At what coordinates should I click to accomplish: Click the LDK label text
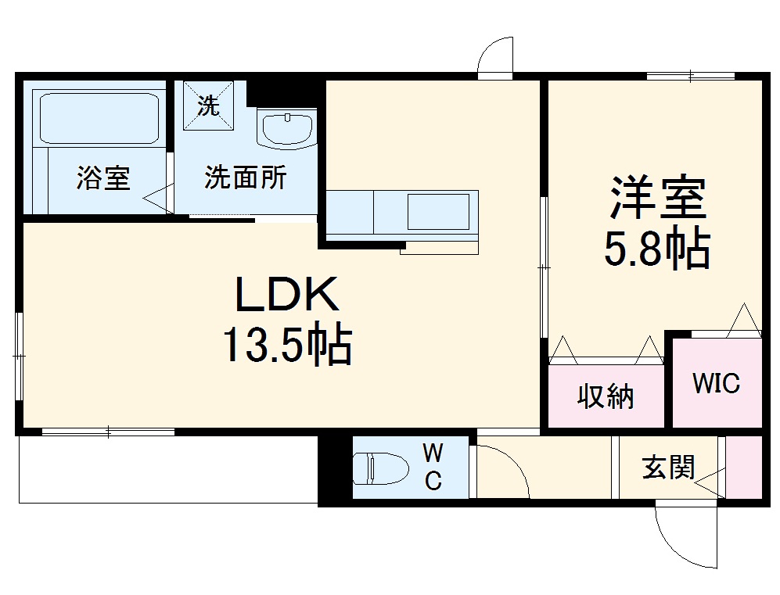(x=288, y=296)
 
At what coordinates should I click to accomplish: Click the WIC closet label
(x=716, y=384)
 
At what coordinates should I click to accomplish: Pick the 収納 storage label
(x=606, y=397)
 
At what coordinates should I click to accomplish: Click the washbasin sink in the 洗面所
(x=287, y=129)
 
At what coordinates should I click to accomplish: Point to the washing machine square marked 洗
(x=209, y=106)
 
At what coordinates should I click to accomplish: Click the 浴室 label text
(x=102, y=178)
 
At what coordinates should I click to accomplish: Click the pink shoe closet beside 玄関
(x=744, y=466)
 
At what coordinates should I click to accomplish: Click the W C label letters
(x=433, y=466)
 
